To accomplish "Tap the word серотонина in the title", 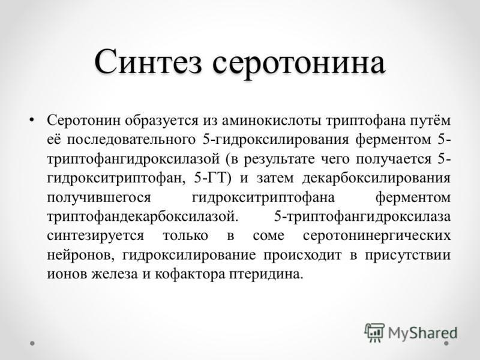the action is (x=298, y=64).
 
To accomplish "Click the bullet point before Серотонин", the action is (x=31, y=119).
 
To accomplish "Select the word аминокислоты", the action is (x=271, y=121).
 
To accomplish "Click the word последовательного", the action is (x=131, y=140).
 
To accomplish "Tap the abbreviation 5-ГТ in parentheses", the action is (x=209, y=178).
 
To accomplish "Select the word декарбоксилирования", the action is (x=376, y=178).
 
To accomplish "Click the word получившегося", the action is (x=99, y=197).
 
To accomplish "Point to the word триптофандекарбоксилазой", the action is (x=142, y=217).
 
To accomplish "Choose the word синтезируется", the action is (x=95, y=236).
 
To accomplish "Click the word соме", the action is (x=268, y=236).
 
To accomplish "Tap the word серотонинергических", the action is (x=377, y=236).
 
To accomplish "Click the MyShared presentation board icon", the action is (x=374, y=332).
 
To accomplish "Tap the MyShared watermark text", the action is (x=423, y=333).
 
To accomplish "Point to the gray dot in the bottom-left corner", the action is (x=32, y=343).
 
